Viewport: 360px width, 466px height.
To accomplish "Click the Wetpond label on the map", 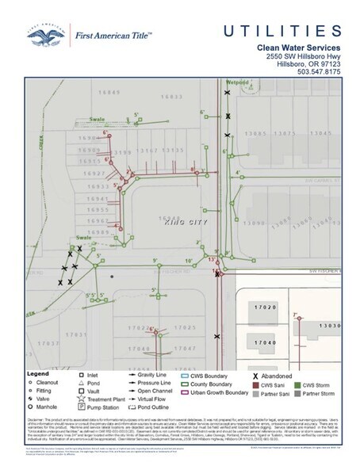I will pyautogui.click(x=237, y=82).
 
